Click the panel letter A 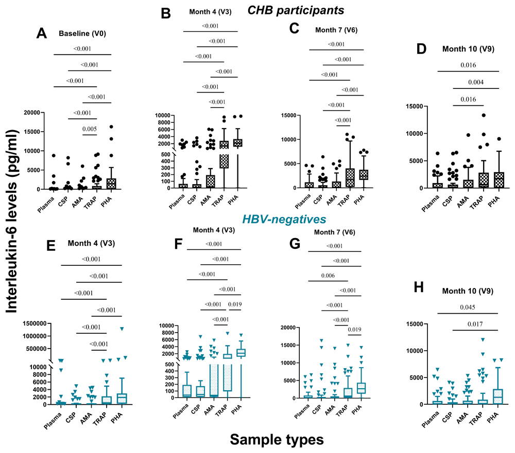pos(42,33)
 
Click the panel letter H pos(418,287)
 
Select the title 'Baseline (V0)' pos(82,33)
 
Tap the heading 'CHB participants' pos(296,10)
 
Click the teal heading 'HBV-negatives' pos(284,219)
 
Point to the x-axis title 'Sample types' pos(277,440)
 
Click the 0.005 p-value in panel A pos(89,129)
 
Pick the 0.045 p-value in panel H pos(468,307)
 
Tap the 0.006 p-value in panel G pos(328,276)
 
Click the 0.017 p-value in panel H pos(475,324)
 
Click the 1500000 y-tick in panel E pos(35,324)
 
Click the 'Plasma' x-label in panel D pos(431,203)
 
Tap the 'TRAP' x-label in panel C pos(344,201)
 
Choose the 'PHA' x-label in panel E pos(116,418)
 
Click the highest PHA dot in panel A pos(111,126)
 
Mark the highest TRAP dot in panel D pos(484,115)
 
